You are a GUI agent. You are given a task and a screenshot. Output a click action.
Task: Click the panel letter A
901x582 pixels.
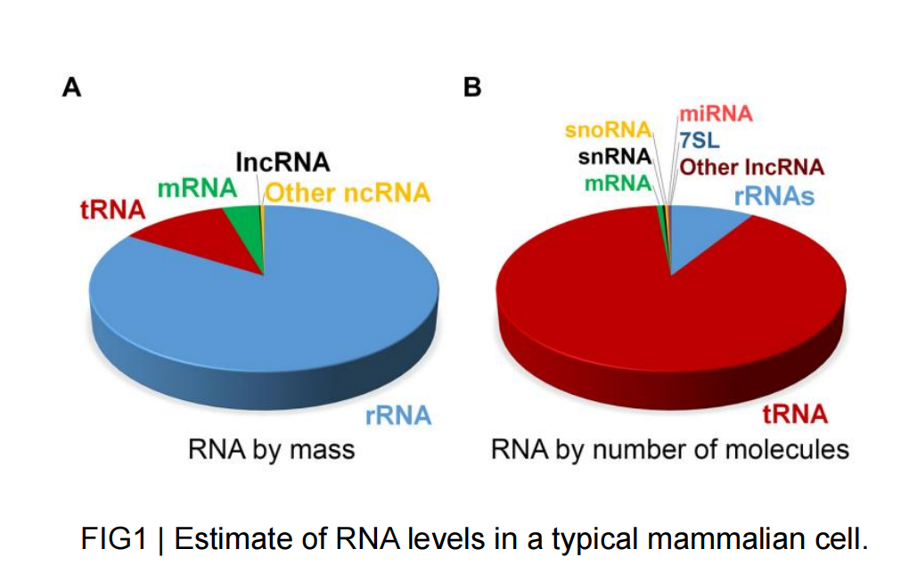pos(71,87)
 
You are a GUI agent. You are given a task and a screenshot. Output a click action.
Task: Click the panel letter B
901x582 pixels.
pos(472,87)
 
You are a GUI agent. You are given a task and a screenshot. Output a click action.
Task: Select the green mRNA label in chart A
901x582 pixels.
pos(197,189)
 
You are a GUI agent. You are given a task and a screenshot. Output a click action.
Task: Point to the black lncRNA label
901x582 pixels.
pos(282,162)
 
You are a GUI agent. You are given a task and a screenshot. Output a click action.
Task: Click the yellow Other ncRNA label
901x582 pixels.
pos(348,192)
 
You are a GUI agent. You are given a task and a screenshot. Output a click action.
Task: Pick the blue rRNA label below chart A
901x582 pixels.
pos(397,414)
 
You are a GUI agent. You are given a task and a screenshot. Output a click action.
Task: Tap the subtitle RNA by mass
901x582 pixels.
pos(271,449)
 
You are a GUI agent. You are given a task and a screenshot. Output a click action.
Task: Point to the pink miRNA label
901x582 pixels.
pos(716,114)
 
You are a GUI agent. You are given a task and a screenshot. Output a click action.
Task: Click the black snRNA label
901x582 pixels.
pos(614,159)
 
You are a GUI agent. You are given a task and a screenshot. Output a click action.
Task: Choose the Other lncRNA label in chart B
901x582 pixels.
pos(751,167)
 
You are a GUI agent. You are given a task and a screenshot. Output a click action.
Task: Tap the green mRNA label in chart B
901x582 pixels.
pos(617,184)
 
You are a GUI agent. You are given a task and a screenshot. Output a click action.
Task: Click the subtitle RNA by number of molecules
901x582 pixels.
pos(669,449)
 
